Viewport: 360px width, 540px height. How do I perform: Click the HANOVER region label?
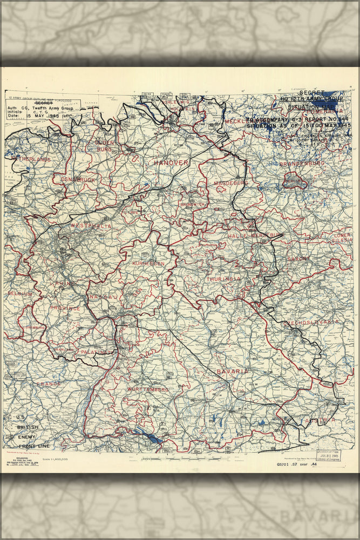point(171,163)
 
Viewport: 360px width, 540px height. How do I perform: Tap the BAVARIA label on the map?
point(233,372)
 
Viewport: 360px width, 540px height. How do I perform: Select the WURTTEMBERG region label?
point(148,389)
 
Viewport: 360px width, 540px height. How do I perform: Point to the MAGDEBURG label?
point(231,183)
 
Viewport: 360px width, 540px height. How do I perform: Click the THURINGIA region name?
point(223,279)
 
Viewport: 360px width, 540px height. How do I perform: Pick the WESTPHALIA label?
point(91,226)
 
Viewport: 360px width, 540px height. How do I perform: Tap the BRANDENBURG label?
point(302,163)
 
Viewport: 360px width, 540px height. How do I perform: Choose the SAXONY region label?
point(298,259)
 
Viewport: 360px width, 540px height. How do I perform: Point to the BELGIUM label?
point(19,293)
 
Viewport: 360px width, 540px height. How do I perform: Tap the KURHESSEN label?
point(148,263)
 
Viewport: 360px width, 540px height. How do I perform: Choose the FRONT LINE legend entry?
point(34,446)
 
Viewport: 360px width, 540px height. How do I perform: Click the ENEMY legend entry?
point(27,436)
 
